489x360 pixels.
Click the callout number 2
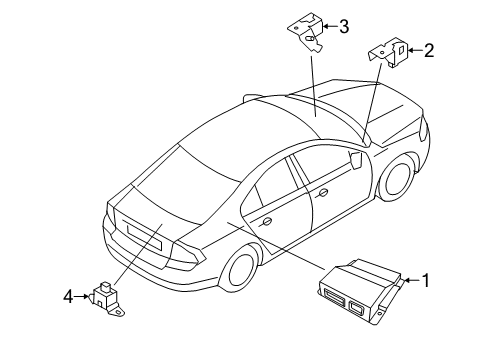(x=429, y=51)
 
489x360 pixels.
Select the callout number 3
(x=343, y=27)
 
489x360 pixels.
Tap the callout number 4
(x=69, y=296)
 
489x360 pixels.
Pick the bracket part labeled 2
(x=389, y=54)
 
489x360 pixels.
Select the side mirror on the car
(x=357, y=157)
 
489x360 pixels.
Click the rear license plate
(x=137, y=233)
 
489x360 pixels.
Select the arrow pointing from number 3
(x=328, y=28)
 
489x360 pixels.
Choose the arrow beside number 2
(x=414, y=51)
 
